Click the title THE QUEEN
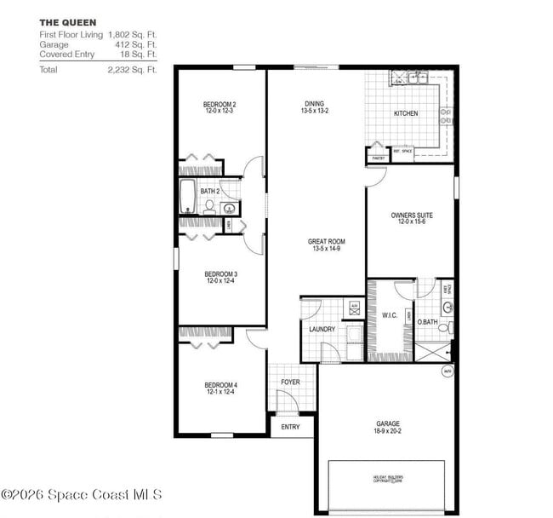pos(67,21)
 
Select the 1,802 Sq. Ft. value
pos(133,34)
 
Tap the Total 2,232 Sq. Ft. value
pos(133,70)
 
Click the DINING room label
pos(314,105)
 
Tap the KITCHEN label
pos(405,113)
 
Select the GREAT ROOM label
pos(326,242)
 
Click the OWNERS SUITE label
pos(411,216)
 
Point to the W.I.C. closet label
pos(391,314)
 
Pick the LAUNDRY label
pos(322,329)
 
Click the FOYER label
pos(290,383)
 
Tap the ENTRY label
pos(290,427)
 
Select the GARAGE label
pos(388,423)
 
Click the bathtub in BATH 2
pos(188,197)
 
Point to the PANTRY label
pos(378,158)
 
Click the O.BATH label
pos(426,322)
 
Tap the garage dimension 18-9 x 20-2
pos(388,432)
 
